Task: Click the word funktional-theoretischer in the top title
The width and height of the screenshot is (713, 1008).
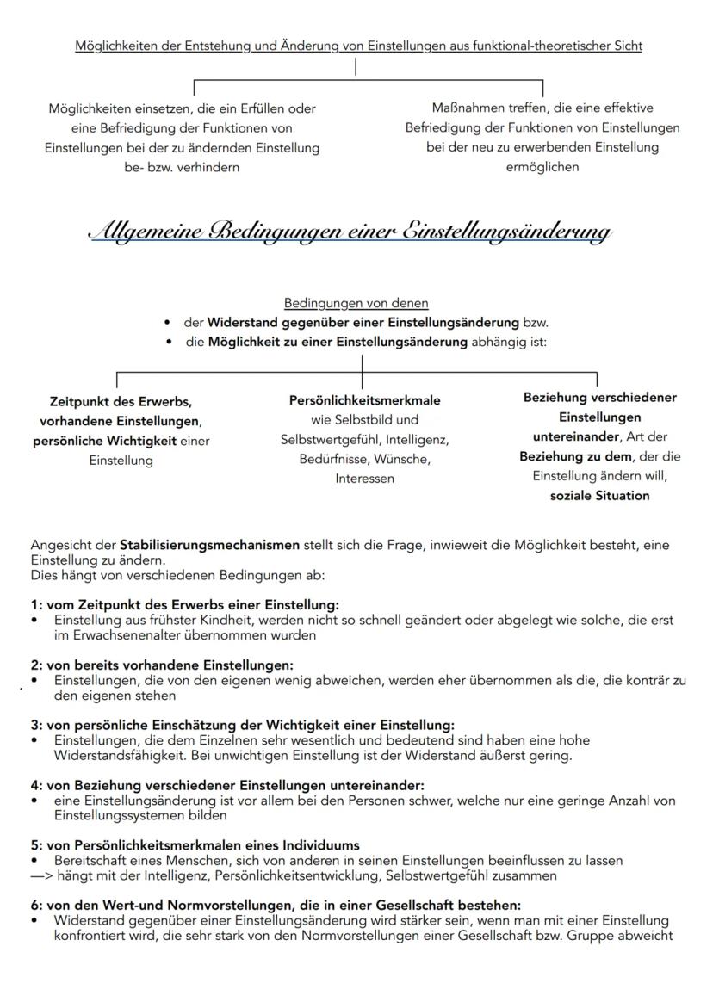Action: (524, 46)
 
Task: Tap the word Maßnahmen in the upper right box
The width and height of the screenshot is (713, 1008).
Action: (466, 108)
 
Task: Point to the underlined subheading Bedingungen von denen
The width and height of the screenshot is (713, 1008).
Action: (356, 303)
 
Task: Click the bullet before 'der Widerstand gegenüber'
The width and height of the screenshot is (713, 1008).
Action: (166, 323)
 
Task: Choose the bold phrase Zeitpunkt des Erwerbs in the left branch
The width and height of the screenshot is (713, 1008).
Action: (121, 401)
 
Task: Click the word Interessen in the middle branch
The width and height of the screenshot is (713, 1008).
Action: (364, 479)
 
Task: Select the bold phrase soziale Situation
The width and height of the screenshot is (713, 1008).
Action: (599, 496)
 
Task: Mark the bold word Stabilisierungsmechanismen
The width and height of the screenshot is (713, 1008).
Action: (209, 545)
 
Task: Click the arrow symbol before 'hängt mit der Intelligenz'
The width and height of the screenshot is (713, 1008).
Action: (40, 875)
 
